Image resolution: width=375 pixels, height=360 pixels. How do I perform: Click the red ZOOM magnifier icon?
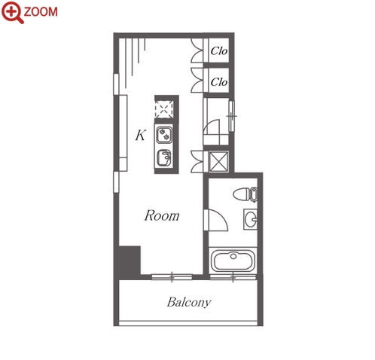pos(12,12)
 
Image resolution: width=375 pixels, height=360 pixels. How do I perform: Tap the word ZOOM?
pos(41,12)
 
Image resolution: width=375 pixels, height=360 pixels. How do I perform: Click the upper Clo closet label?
pos(219,51)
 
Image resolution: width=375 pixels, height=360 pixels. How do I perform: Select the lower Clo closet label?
pos(219,82)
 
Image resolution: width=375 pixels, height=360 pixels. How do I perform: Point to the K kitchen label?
pos(140,135)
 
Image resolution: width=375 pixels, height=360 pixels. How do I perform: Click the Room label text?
pos(162,215)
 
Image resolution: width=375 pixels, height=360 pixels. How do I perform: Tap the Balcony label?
pos(189,302)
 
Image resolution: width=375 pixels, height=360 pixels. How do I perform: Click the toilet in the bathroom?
pos(245,194)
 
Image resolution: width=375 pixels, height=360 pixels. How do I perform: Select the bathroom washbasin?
pos(251,219)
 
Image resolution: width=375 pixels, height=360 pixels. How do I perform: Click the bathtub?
pos(233,261)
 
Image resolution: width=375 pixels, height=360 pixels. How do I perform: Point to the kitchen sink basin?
pos(163,157)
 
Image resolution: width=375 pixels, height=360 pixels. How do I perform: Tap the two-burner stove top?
pos(164,135)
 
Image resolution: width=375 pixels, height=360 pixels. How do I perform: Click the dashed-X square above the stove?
pos(164,109)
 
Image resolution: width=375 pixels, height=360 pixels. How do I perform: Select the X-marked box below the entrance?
pos(219,162)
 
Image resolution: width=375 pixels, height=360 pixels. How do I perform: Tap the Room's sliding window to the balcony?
pos(172,277)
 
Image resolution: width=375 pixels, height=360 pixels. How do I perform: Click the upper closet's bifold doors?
pos(197,50)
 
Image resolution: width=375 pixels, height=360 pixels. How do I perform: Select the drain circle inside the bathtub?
pos(233,256)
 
